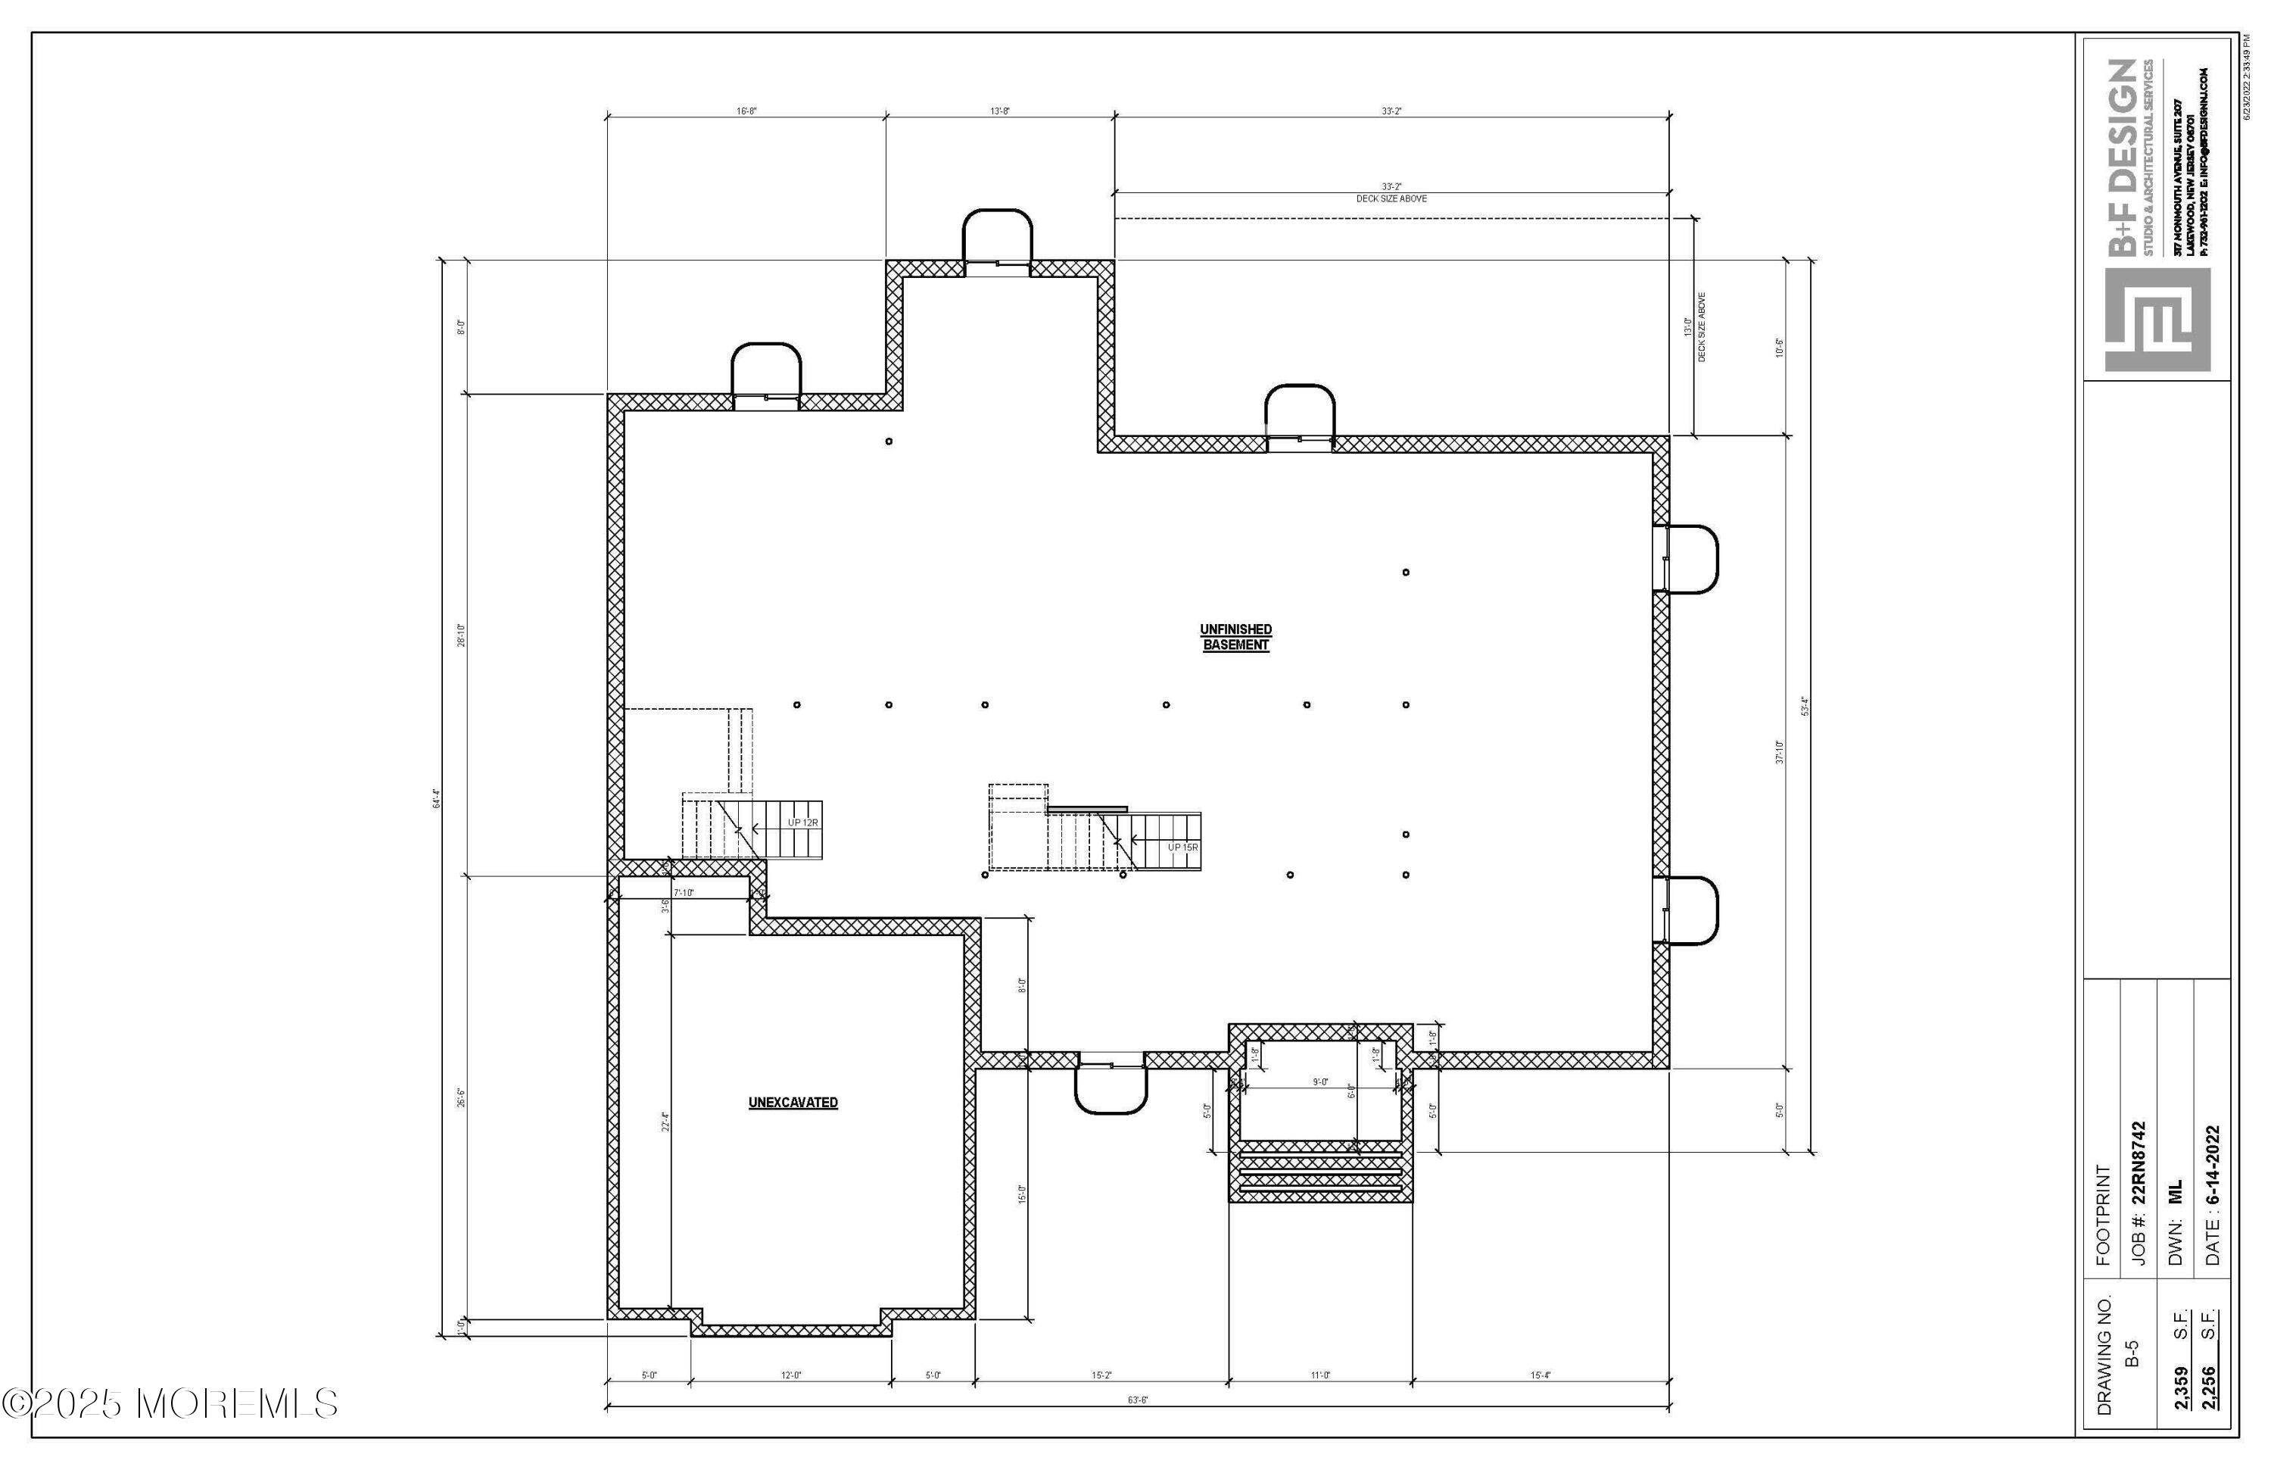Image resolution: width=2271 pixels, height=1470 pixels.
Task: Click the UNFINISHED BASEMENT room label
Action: point(1235,637)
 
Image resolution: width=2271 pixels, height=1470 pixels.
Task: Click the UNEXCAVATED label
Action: point(793,1103)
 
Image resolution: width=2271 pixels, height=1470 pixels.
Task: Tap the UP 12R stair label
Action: point(802,822)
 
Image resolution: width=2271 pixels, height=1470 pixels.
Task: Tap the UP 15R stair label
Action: point(1182,847)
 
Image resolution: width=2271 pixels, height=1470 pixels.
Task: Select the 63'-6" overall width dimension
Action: point(1138,1400)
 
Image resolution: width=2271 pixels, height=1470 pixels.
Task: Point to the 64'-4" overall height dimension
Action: point(437,798)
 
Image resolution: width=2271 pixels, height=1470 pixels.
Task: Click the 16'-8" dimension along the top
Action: point(746,111)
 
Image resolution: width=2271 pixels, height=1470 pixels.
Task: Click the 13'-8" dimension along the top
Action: point(999,111)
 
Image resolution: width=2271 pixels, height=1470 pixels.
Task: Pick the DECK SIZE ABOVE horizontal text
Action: point(1391,198)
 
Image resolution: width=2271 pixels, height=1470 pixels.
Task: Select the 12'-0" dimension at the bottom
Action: point(791,1375)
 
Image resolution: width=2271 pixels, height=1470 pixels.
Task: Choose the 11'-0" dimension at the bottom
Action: point(1319,1375)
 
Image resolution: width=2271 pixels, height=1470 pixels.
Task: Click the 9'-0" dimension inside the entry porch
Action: point(1319,1081)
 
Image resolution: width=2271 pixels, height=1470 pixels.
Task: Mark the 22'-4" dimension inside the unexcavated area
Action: point(666,1122)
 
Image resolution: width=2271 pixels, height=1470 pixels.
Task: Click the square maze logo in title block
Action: point(2157,320)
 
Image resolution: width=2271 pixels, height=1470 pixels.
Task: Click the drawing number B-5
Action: point(2132,1353)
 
